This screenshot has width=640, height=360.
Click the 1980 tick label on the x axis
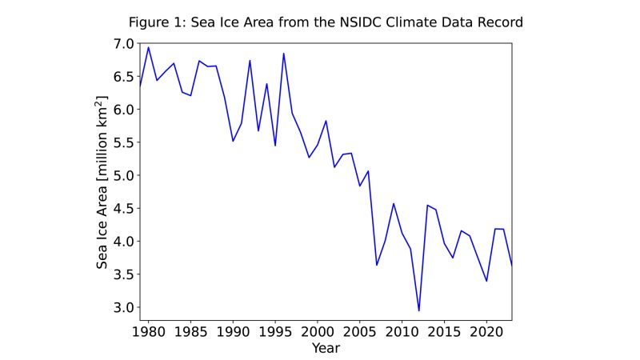(x=148, y=332)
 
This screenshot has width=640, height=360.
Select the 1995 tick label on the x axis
(x=275, y=332)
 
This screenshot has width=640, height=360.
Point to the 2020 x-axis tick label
(x=486, y=332)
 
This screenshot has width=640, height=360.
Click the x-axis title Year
(x=326, y=348)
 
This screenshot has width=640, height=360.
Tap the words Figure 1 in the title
(x=154, y=22)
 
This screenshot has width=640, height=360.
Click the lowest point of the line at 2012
(x=418, y=310)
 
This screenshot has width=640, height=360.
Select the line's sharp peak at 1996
(x=283, y=54)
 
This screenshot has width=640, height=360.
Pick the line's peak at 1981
(x=149, y=47)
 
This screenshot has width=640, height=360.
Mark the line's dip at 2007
(x=377, y=265)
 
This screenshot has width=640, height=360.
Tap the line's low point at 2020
(x=486, y=281)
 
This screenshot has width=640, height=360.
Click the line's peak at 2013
(x=427, y=205)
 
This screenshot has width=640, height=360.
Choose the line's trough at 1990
(x=233, y=141)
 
